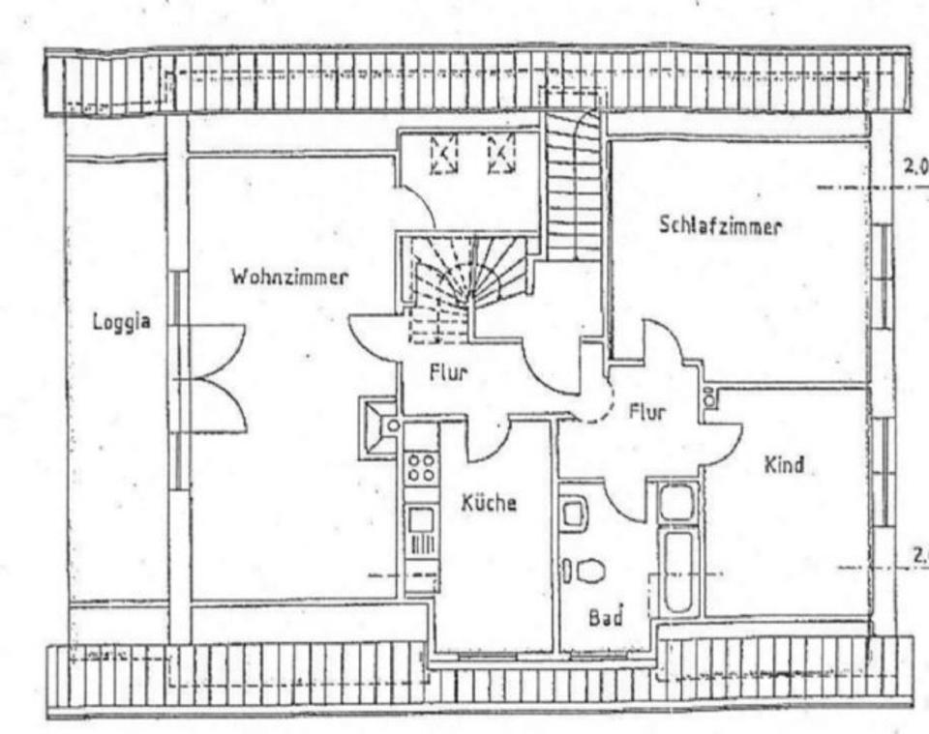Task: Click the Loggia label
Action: pos(121,322)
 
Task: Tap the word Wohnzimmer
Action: pos(288,277)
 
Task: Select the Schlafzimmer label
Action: pos(720,226)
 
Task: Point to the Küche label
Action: pos(489,503)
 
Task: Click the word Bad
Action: pos(606,616)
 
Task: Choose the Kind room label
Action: pos(784,465)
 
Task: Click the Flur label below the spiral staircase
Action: pos(449,370)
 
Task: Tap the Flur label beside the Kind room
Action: pos(646,413)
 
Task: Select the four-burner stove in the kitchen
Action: pos(421,468)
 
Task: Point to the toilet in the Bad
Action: pos(587,570)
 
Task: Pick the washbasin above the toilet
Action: pos(573,514)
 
